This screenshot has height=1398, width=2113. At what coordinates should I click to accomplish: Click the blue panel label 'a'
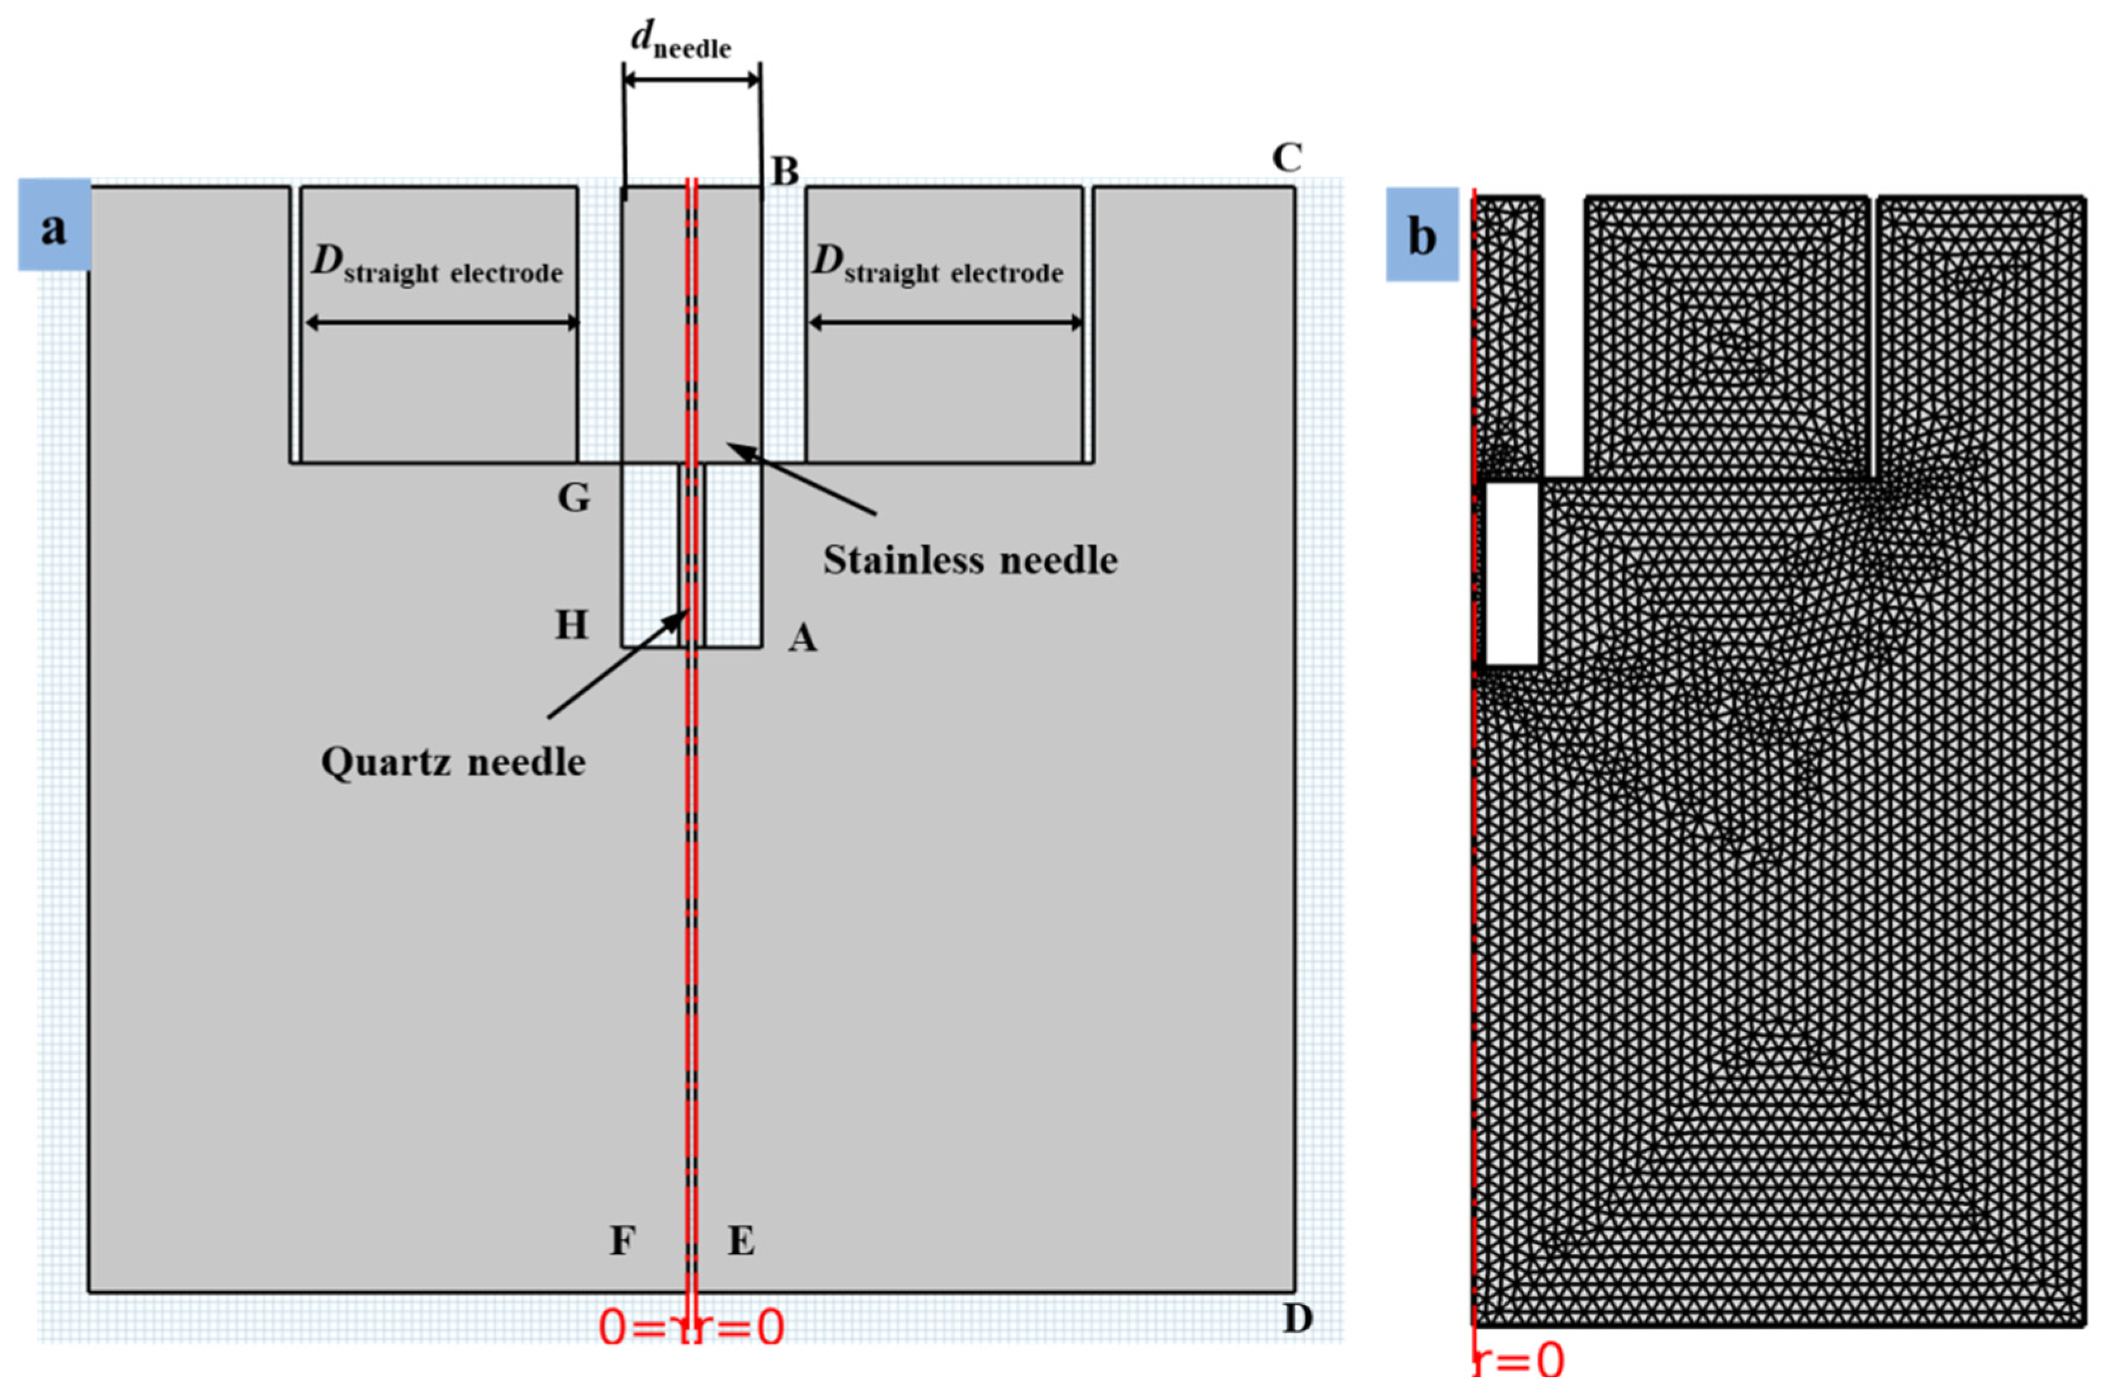55,224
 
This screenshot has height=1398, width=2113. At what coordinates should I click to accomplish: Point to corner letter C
1286,159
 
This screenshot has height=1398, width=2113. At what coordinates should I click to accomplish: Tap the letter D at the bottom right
1297,1317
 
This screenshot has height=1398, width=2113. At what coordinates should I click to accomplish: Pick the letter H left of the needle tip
571,626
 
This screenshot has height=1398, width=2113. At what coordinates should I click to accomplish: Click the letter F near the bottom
622,1240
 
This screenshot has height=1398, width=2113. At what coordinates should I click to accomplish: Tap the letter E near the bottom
741,1240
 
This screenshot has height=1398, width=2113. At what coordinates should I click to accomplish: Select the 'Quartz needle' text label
453,762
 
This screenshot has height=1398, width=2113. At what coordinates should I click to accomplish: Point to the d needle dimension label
681,40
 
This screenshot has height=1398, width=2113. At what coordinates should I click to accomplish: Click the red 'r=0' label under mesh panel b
1519,1361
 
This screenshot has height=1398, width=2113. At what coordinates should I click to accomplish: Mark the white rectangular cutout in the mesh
1512,573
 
